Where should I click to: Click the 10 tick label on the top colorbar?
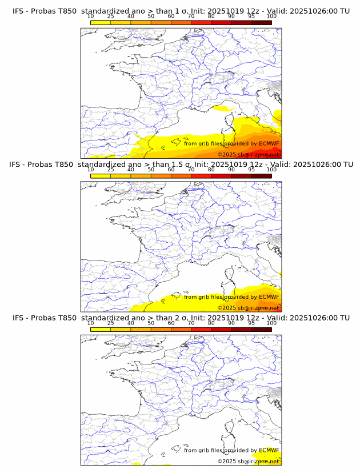tap(90, 17)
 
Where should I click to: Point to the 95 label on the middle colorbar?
tap(251, 170)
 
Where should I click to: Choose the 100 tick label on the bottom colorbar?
tap(271, 323)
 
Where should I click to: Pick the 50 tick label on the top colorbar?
tap(151, 17)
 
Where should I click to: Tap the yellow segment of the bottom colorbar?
tap(101, 329)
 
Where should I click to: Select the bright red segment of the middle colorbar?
tap(201, 176)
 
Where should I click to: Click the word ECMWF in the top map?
tap(269, 143)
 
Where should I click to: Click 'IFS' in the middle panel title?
tap(18, 165)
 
